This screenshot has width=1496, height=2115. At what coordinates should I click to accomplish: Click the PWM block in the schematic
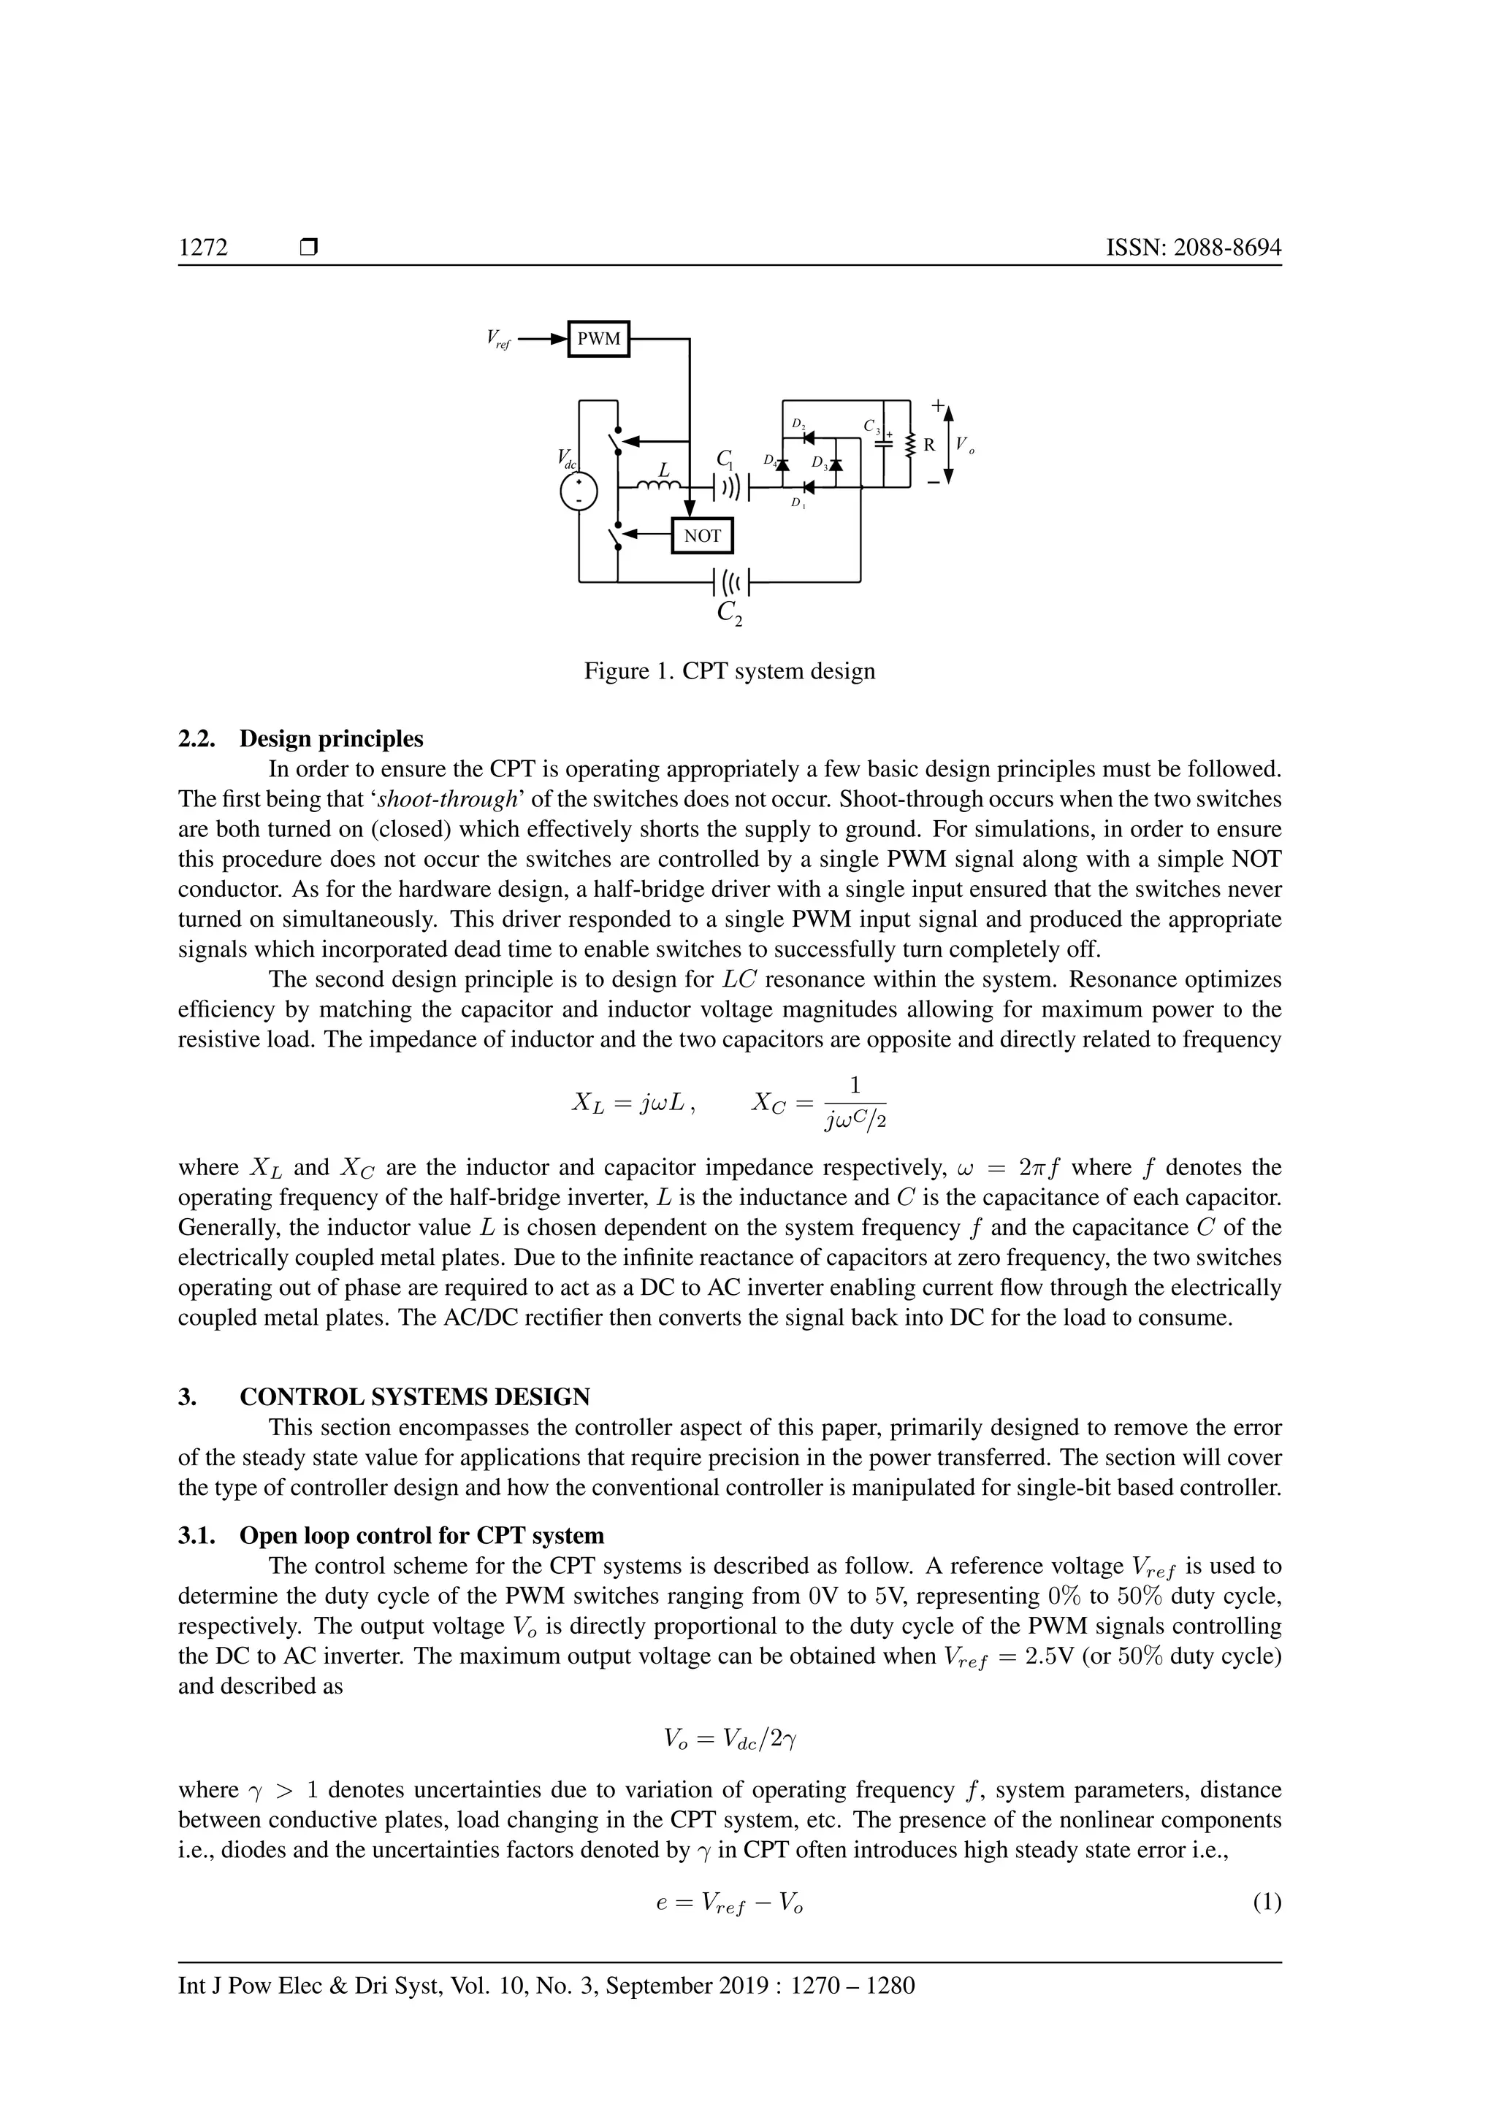(x=599, y=339)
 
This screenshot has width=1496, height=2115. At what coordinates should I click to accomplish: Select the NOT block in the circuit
(x=702, y=536)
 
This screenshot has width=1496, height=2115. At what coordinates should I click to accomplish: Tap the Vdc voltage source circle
(x=579, y=493)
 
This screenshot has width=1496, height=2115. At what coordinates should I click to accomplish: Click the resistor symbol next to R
(x=909, y=444)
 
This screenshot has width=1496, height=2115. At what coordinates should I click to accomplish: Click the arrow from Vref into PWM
(x=543, y=339)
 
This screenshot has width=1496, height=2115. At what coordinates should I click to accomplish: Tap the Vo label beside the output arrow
(x=963, y=445)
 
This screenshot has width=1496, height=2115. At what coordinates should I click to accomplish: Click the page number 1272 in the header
(x=204, y=248)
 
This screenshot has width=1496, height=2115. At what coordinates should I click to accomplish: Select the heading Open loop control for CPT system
(x=421, y=1536)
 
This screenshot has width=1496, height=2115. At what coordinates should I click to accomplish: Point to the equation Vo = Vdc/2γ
(x=730, y=1738)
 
